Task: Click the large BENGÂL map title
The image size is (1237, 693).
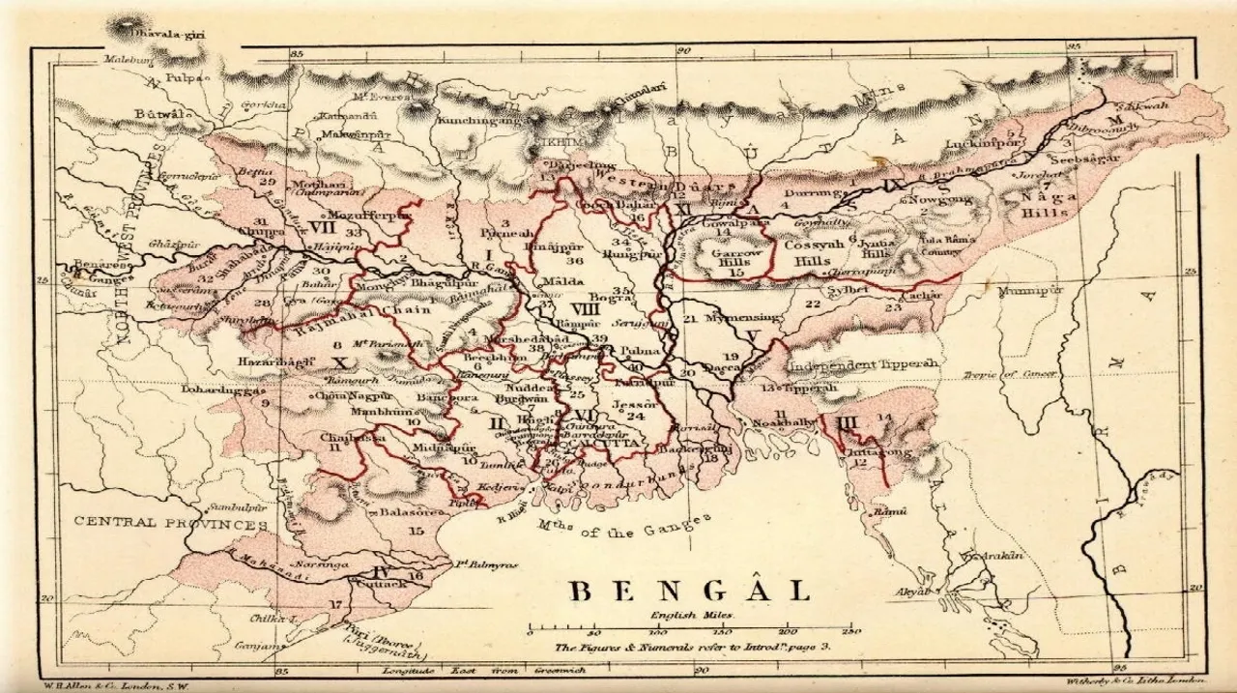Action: [688, 591]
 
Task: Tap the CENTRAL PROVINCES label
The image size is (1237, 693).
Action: [171, 523]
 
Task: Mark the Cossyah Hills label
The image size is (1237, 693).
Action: [807, 253]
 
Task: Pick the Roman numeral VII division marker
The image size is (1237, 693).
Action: [323, 228]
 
